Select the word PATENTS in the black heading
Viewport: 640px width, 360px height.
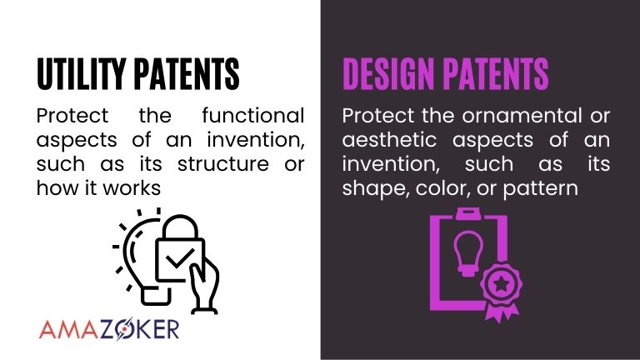[x=186, y=74]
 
